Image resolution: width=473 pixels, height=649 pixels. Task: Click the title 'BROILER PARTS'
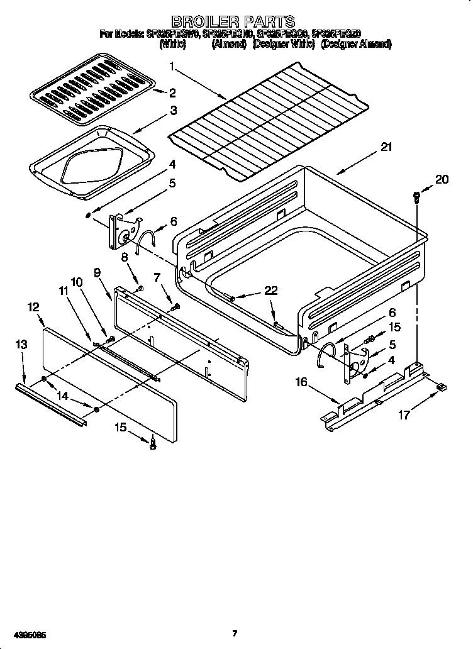233,23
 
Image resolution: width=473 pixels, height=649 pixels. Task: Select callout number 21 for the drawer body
386,148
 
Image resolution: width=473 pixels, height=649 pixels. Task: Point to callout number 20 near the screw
442,179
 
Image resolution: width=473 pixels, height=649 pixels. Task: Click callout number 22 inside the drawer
271,291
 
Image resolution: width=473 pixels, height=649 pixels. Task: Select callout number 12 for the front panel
33,307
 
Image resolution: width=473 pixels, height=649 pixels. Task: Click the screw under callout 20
416,197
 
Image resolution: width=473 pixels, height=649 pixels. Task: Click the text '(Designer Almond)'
355,45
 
